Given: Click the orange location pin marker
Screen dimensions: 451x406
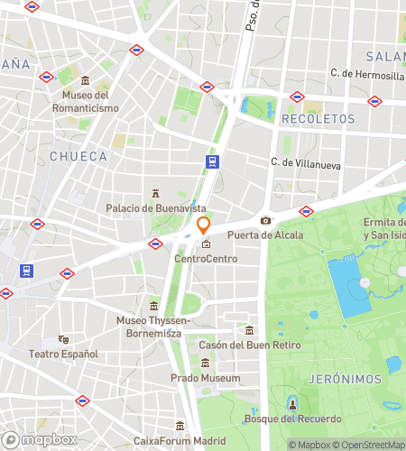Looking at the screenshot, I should point(204,225).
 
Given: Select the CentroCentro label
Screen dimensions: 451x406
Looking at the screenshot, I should point(206,259).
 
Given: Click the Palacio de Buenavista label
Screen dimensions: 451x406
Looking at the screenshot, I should point(155,208).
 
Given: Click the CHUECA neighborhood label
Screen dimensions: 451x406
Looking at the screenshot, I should point(78,156).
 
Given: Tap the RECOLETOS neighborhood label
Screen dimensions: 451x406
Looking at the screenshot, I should point(318,119).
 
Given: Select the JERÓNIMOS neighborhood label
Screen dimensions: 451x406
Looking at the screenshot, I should point(344,380).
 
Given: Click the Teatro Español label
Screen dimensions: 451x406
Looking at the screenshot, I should point(63,354).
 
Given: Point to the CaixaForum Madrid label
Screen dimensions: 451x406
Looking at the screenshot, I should point(180,440).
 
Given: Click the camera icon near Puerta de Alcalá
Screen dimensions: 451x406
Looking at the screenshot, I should point(265,221).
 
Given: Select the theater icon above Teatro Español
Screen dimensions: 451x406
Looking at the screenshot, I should point(63,339).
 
